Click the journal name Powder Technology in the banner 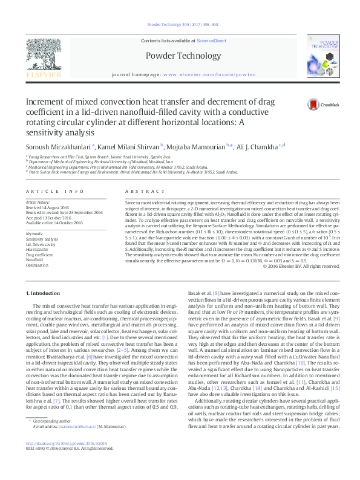click(x=180, y=56)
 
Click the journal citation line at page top click(x=179, y=25)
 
